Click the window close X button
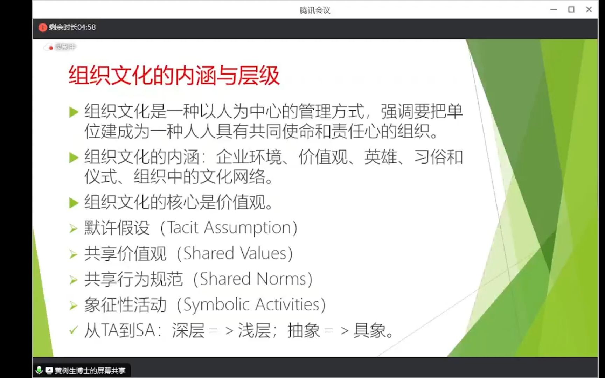click(x=589, y=10)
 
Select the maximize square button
click(x=571, y=10)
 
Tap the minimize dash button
click(x=554, y=10)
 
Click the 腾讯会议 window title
click(x=315, y=10)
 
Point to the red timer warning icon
click(x=42, y=27)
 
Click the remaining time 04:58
click(x=86, y=27)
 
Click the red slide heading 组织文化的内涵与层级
click(x=174, y=76)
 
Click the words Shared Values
click(x=235, y=253)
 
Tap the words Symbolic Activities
click(x=251, y=304)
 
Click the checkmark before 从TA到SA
click(x=73, y=330)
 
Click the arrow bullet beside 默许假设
click(x=73, y=229)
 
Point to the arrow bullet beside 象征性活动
click(x=73, y=306)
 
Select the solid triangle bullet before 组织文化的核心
click(x=74, y=203)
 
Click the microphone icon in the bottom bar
click(x=39, y=370)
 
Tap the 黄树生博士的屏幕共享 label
click(x=90, y=371)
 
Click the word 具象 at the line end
click(x=369, y=330)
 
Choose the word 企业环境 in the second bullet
click(x=249, y=157)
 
